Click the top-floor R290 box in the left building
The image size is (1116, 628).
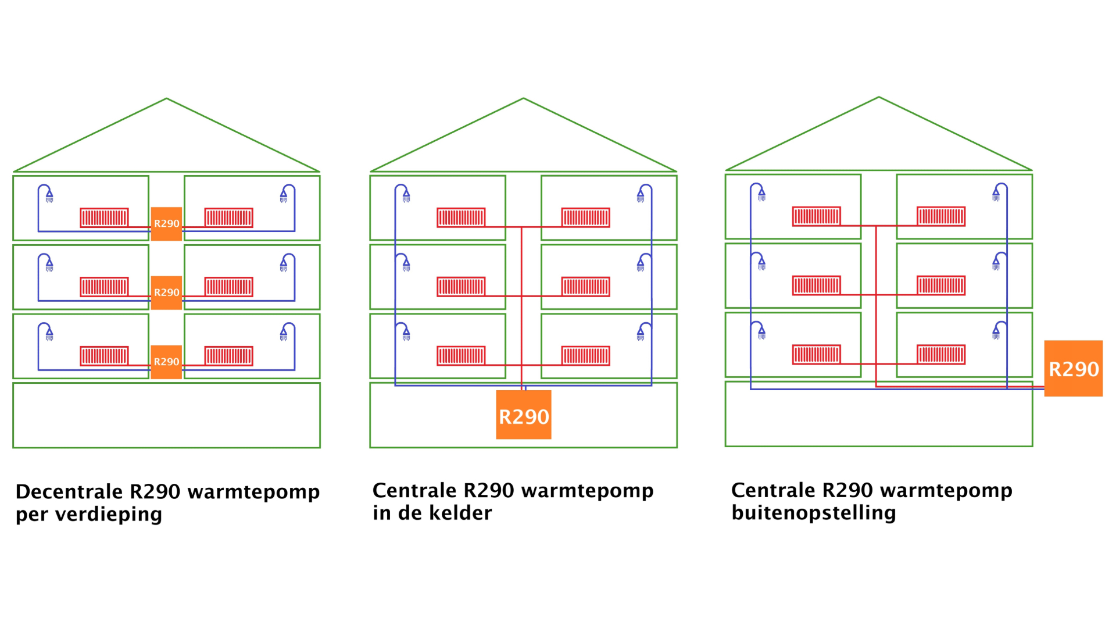[166, 224]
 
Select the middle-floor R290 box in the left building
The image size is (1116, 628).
[166, 292]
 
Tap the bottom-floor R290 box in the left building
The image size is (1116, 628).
[166, 362]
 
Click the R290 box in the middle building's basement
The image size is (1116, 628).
[524, 415]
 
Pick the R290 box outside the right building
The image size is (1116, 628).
[1074, 369]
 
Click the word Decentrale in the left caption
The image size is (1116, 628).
[69, 492]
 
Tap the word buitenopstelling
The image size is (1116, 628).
[814, 513]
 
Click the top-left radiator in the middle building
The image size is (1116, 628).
[461, 217]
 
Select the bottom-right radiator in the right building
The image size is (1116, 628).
[941, 355]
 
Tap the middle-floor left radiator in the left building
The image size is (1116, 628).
[104, 287]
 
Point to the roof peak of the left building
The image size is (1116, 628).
[167, 98]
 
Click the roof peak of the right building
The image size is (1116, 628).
[879, 97]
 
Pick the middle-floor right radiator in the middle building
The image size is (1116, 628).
[586, 287]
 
